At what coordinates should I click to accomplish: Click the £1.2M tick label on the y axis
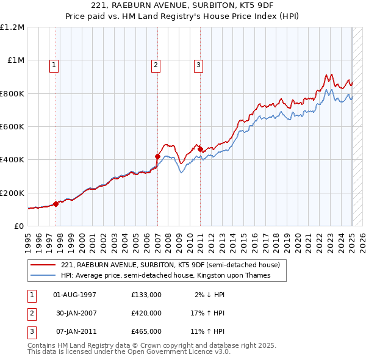pos(13,27)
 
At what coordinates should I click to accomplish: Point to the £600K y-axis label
pos(12,127)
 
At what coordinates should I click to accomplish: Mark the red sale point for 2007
pos(157,156)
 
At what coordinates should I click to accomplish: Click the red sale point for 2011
pos(200,149)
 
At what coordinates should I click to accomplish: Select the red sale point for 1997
pos(56,204)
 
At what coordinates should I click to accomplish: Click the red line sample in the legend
pos(43,265)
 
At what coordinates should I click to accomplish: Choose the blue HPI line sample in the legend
pos(43,276)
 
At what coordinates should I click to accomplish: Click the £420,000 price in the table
pos(146,313)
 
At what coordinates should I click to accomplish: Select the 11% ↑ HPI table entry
pos(207,331)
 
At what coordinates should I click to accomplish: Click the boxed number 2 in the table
pos(31,313)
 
